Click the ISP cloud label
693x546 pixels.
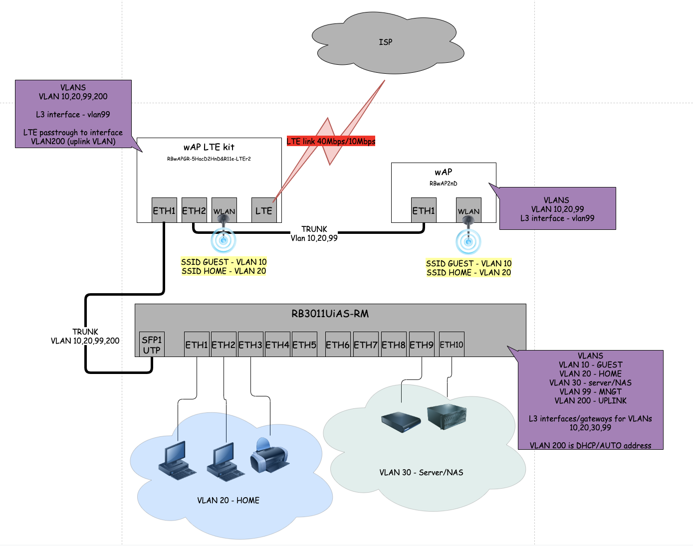pyautogui.click(x=385, y=42)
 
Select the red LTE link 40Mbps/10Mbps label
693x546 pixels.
pyautogui.click(x=331, y=141)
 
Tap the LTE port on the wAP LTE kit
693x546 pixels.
pyautogui.click(x=263, y=210)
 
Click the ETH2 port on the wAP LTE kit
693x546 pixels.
pyautogui.click(x=194, y=210)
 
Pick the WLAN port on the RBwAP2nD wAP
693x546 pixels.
pyautogui.click(x=468, y=210)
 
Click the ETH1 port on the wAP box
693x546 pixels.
pyautogui.click(x=424, y=210)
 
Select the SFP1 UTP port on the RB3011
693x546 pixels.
pyautogui.click(x=152, y=345)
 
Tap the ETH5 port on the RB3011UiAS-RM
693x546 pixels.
pyautogui.click(x=304, y=345)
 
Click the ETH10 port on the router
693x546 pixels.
pyautogui.click(x=452, y=345)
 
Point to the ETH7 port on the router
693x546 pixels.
pyautogui.click(x=366, y=345)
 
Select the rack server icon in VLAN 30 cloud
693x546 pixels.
pyautogui.click(x=447, y=416)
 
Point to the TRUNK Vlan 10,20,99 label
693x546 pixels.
pyautogui.click(x=314, y=233)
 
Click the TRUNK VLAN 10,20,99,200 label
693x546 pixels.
pyautogui.click(x=85, y=336)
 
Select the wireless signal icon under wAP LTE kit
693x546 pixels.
pyautogui.click(x=224, y=240)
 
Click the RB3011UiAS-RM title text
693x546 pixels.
pyautogui.click(x=330, y=314)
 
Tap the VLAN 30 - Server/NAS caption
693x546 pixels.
pyautogui.click(x=421, y=472)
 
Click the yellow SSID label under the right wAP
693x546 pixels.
pyautogui.click(x=468, y=268)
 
